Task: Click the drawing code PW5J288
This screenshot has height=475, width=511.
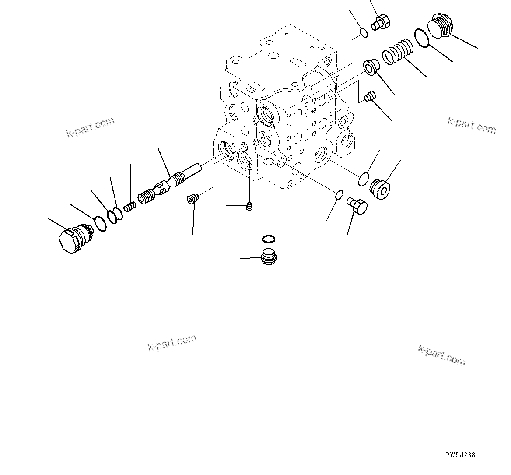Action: [460, 455]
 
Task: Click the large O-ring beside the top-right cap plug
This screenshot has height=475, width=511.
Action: [421, 38]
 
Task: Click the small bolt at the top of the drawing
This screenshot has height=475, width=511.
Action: [381, 22]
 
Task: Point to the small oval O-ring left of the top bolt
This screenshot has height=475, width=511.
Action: [363, 32]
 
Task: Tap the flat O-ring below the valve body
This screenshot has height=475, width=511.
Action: [268, 239]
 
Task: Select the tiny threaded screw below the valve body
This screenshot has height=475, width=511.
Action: [250, 206]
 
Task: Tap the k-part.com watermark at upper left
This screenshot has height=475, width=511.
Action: [90, 127]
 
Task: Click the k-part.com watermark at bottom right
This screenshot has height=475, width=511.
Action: [442, 355]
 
